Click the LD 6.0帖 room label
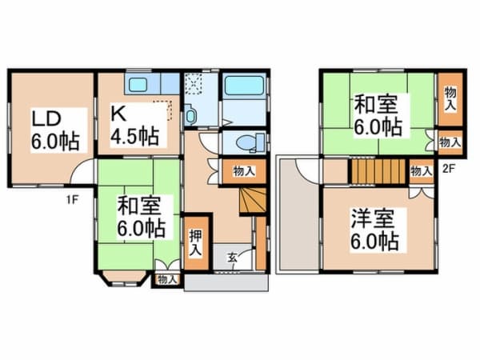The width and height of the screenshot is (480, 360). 55,130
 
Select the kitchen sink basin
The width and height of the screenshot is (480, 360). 138,84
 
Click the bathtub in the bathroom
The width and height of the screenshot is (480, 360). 244,86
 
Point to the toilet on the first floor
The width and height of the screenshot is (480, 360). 250,142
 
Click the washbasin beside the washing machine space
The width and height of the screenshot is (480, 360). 190,115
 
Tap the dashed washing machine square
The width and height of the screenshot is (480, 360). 193,83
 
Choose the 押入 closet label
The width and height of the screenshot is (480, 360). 195,242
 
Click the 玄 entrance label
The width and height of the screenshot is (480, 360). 232,258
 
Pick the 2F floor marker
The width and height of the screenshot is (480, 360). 448,169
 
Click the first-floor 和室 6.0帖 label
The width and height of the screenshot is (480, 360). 142,217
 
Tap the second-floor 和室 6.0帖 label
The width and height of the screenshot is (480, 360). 378,115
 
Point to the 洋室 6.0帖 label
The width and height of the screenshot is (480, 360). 374,230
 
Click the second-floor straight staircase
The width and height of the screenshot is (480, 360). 378,171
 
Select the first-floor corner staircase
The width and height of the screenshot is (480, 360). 253,200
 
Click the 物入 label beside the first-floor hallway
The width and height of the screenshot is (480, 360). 244,171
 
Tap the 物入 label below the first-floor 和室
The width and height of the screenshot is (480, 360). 167,279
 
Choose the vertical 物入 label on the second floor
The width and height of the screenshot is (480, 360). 450,98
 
